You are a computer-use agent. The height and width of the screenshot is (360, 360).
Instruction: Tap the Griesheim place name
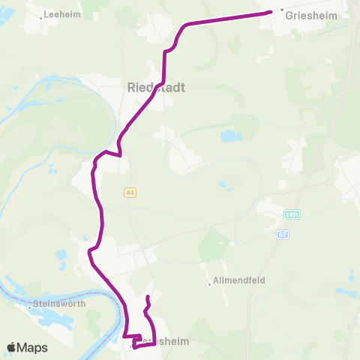(308, 13)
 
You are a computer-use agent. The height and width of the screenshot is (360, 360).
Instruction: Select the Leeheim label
(61, 13)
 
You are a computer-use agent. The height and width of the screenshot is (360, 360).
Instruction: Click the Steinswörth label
(59, 305)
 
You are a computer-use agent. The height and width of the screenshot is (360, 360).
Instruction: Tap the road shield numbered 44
(130, 193)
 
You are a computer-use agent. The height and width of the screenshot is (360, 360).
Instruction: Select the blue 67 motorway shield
(282, 235)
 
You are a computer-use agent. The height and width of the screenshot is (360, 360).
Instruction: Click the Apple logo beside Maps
(12, 347)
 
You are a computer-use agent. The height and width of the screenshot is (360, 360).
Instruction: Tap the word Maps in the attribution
(34, 348)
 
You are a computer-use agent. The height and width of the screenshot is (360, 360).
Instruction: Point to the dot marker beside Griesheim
(282, 10)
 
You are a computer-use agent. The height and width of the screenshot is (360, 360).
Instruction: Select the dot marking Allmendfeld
(209, 283)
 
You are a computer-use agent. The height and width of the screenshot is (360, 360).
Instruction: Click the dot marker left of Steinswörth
(31, 305)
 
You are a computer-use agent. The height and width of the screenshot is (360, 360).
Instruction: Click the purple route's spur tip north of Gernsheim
(148, 298)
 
